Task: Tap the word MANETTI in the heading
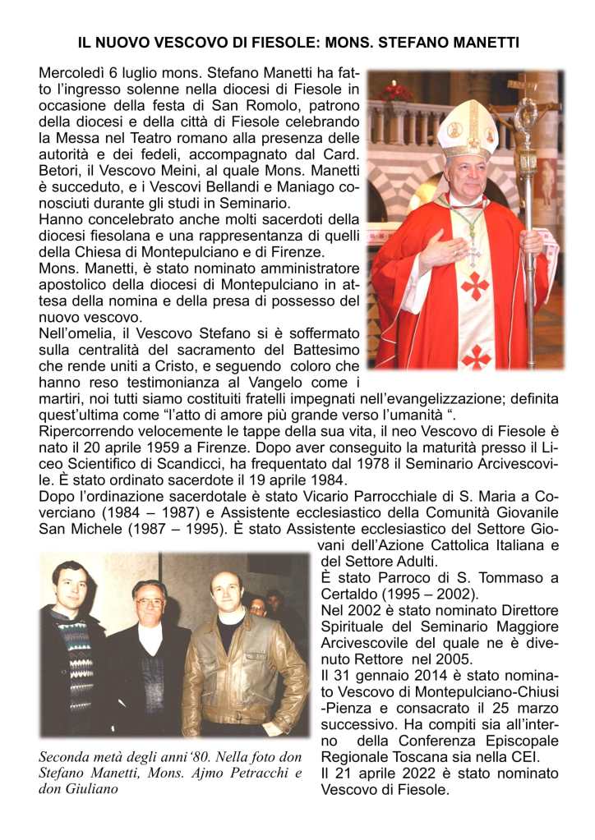(x=483, y=41)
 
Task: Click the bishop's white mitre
(x=467, y=129)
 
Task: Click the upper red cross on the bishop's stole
(x=474, y=285)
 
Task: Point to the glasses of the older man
(x=150, y=602)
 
